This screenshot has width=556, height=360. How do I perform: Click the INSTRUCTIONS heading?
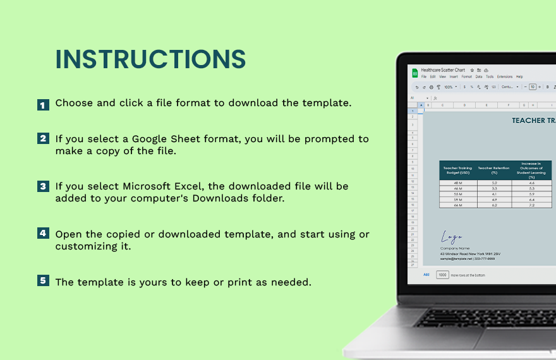pos(150,59)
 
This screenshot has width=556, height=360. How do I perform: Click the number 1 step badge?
pos(43,105)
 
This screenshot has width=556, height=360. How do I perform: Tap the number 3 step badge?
pos(43,186)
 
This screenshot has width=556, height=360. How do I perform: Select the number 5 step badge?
pos(43,280)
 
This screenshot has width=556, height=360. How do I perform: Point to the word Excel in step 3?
pos(188,186)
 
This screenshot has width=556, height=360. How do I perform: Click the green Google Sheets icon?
pos(414,73)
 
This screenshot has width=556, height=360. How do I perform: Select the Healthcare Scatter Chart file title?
pos(443,70)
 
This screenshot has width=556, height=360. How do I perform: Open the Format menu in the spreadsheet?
pos(466,76)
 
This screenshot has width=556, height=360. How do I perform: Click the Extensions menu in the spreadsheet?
pos(505,76)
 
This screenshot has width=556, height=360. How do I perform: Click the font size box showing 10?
pos(533,87)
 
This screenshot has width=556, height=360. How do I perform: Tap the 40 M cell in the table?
pos(457,183)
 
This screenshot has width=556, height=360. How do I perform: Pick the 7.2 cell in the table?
pos(531,205)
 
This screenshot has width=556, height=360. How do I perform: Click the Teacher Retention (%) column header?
pos(494,170)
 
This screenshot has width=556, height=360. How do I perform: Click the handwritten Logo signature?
pos(452,237)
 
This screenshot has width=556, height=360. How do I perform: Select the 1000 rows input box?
pos(442,275)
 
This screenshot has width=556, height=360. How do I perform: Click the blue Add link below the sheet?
pos(426,275)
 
